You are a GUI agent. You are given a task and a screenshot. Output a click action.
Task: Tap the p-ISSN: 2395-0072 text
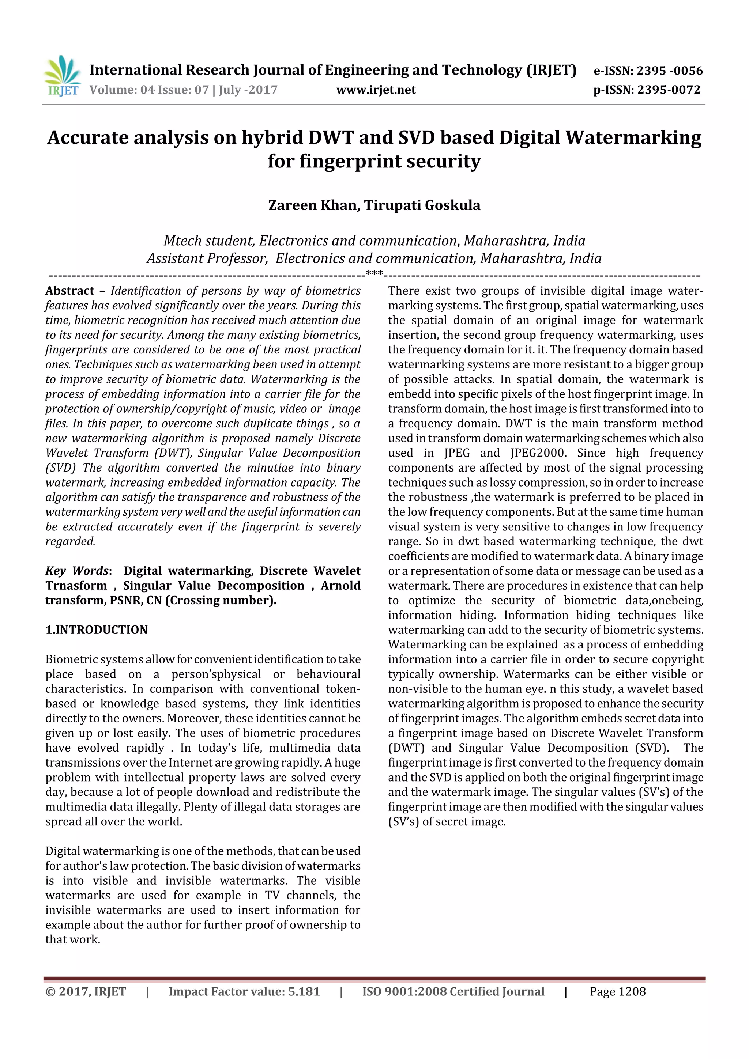click(647, 90)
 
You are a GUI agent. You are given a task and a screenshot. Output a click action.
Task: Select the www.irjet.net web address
click(376, 90)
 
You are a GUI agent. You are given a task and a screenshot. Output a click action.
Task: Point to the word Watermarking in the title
click(633, 137)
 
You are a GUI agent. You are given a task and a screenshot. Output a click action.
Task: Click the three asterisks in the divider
click(374, 273)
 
